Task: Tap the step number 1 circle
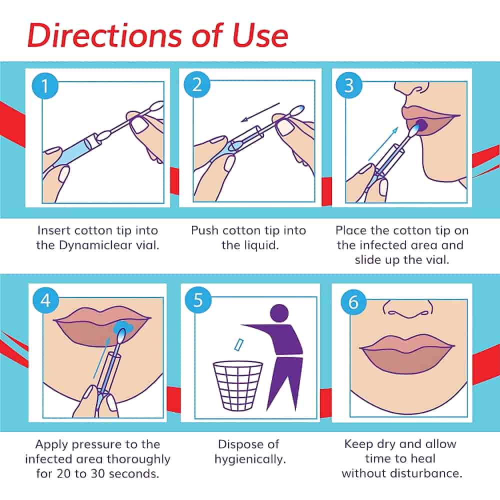tap(44, 86)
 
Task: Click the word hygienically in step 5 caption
tap(248, 458)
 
